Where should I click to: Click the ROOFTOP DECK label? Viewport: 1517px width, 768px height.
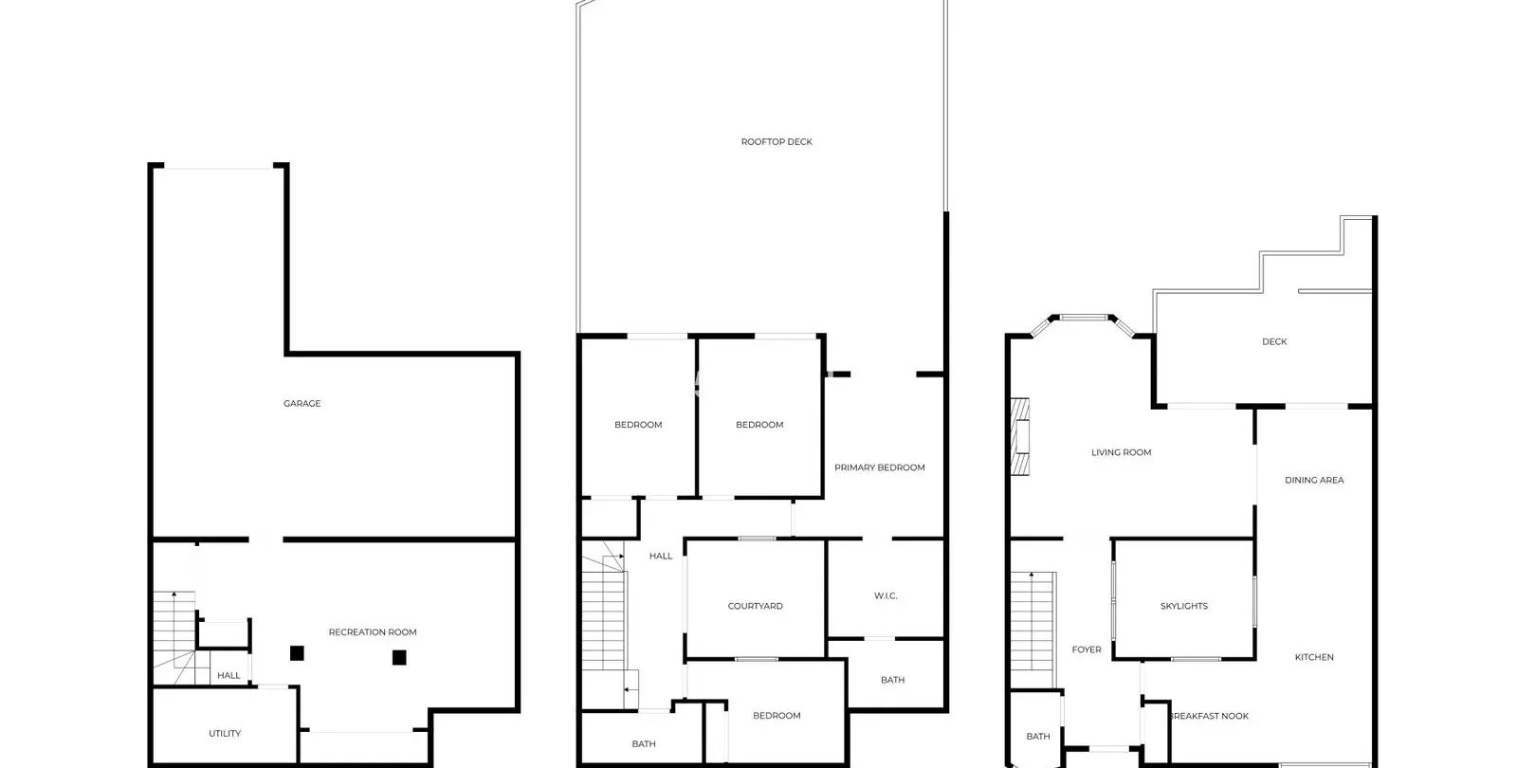[x=777, y=141]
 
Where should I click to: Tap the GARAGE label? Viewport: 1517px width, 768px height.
[x=302, y=403]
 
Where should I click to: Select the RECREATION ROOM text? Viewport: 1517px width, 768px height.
[x=373, y=631]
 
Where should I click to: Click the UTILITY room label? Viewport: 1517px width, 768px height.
[x=225, y=733]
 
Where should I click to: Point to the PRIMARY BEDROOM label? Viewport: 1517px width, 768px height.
[x=879, y=467]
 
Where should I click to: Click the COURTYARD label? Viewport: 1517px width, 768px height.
[x=755, y=606]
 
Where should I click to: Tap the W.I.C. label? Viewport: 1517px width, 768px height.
[x=886, y=595]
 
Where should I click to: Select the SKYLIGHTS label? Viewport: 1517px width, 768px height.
[x=1184, y=606]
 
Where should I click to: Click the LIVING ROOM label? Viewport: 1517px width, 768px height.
[x=1121, y=451]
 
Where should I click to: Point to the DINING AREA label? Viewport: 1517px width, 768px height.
[x=1314, y=480]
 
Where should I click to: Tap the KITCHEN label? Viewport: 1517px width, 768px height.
[x=1314, y=656]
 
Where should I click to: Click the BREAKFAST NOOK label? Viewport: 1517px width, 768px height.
[x=1209, y=715]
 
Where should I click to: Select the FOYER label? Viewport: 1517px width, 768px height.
[x=1087, y=649]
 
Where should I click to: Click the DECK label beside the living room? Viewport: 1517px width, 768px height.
[x=1274, y=341]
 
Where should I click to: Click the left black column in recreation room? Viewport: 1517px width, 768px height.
[x=297, y=653]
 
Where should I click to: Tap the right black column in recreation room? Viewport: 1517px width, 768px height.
[x=399, y=657]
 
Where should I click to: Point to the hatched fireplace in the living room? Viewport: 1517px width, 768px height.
[x=1020, y=436]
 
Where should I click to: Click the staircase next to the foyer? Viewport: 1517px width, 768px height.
[x=1033, y=630]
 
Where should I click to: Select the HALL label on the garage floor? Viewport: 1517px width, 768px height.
[x=228, y=674]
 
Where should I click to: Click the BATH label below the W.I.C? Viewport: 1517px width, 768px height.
[x=892, y=679]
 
